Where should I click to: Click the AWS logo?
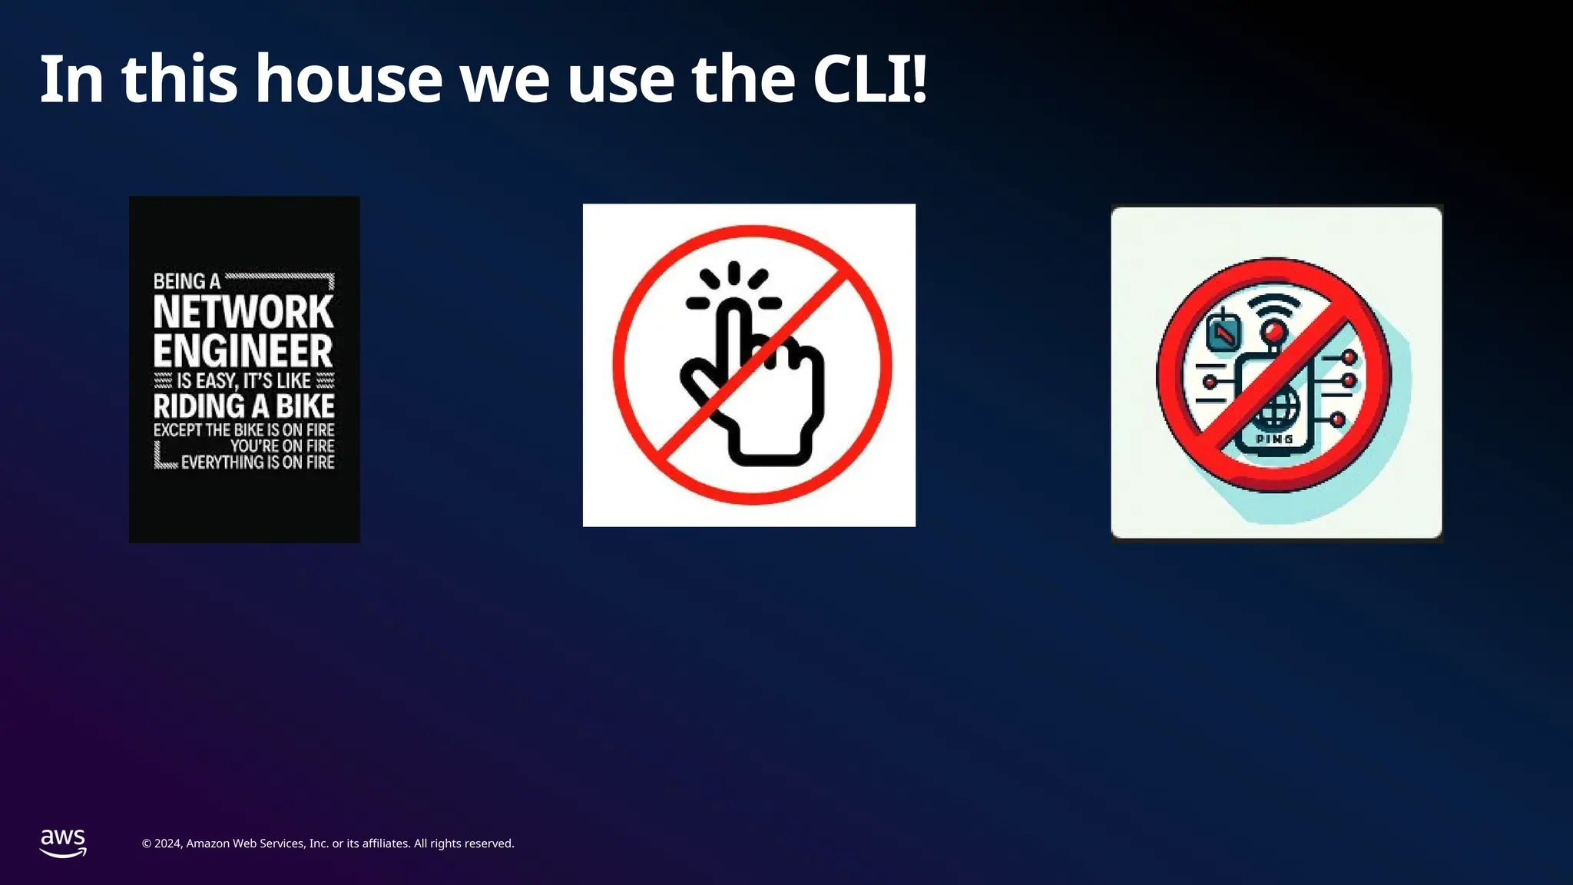point(63,843)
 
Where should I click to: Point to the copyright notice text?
point(328,844)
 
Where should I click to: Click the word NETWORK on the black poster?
point(243,312)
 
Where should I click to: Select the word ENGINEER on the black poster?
point(243,351)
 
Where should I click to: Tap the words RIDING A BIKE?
point(243,406)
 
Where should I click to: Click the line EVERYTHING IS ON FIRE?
point(257,462)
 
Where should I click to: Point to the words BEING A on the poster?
point(187,282)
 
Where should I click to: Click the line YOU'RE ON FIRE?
point(282,446)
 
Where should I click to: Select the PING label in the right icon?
point(1274,439)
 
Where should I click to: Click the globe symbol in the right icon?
point(1275,408)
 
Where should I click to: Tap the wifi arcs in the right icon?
point(1274,308)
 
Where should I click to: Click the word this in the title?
point(180,78)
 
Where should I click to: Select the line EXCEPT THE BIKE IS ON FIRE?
point(243,430)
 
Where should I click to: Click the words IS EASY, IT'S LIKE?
point(243,381)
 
